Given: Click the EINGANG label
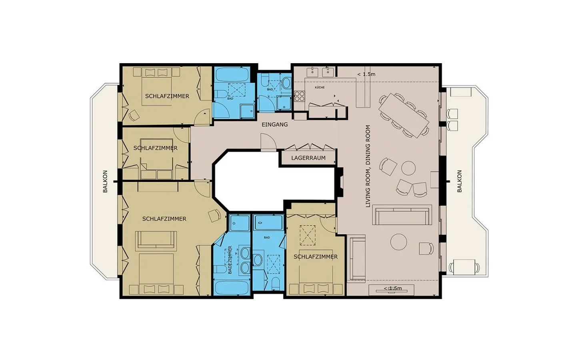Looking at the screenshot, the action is coord(275,125).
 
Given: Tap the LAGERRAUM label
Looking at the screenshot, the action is coord(308,158).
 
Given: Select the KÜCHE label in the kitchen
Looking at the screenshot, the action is coord(320,88).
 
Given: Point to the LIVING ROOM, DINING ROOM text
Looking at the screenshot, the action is coord(368,166).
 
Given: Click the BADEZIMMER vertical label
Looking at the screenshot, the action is coord(230,260).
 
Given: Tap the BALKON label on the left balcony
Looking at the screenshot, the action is coord(105,181).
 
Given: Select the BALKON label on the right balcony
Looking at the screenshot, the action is coord(460,181).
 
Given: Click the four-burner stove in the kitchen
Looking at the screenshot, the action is coord(299,96).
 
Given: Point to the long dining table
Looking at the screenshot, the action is coord(404,116).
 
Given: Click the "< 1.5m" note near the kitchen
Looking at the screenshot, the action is coord(366,74).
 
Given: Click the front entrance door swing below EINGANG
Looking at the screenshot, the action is coord(268,142).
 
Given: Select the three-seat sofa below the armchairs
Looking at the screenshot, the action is coord(402,215).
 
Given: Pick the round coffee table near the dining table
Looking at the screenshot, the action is coord(408,168).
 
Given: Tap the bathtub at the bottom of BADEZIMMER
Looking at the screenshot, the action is coord(232,288).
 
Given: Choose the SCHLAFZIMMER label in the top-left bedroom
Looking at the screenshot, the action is coord(167,96).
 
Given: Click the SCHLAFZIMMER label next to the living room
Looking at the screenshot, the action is coord(316,257).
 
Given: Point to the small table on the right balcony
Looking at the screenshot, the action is coord(464,268).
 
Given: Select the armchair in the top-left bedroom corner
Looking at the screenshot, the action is coord(134,115).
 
